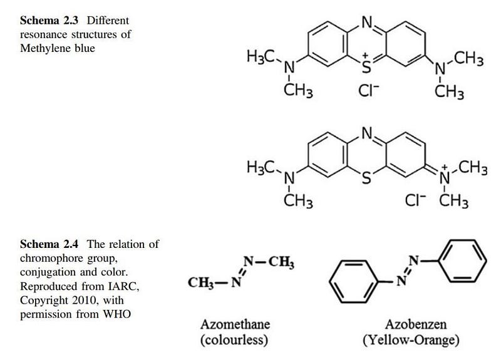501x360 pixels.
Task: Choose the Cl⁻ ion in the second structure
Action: coord(413,202)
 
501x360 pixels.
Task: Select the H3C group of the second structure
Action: coord(262,167)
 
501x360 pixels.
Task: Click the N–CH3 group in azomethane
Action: coord(270,261)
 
